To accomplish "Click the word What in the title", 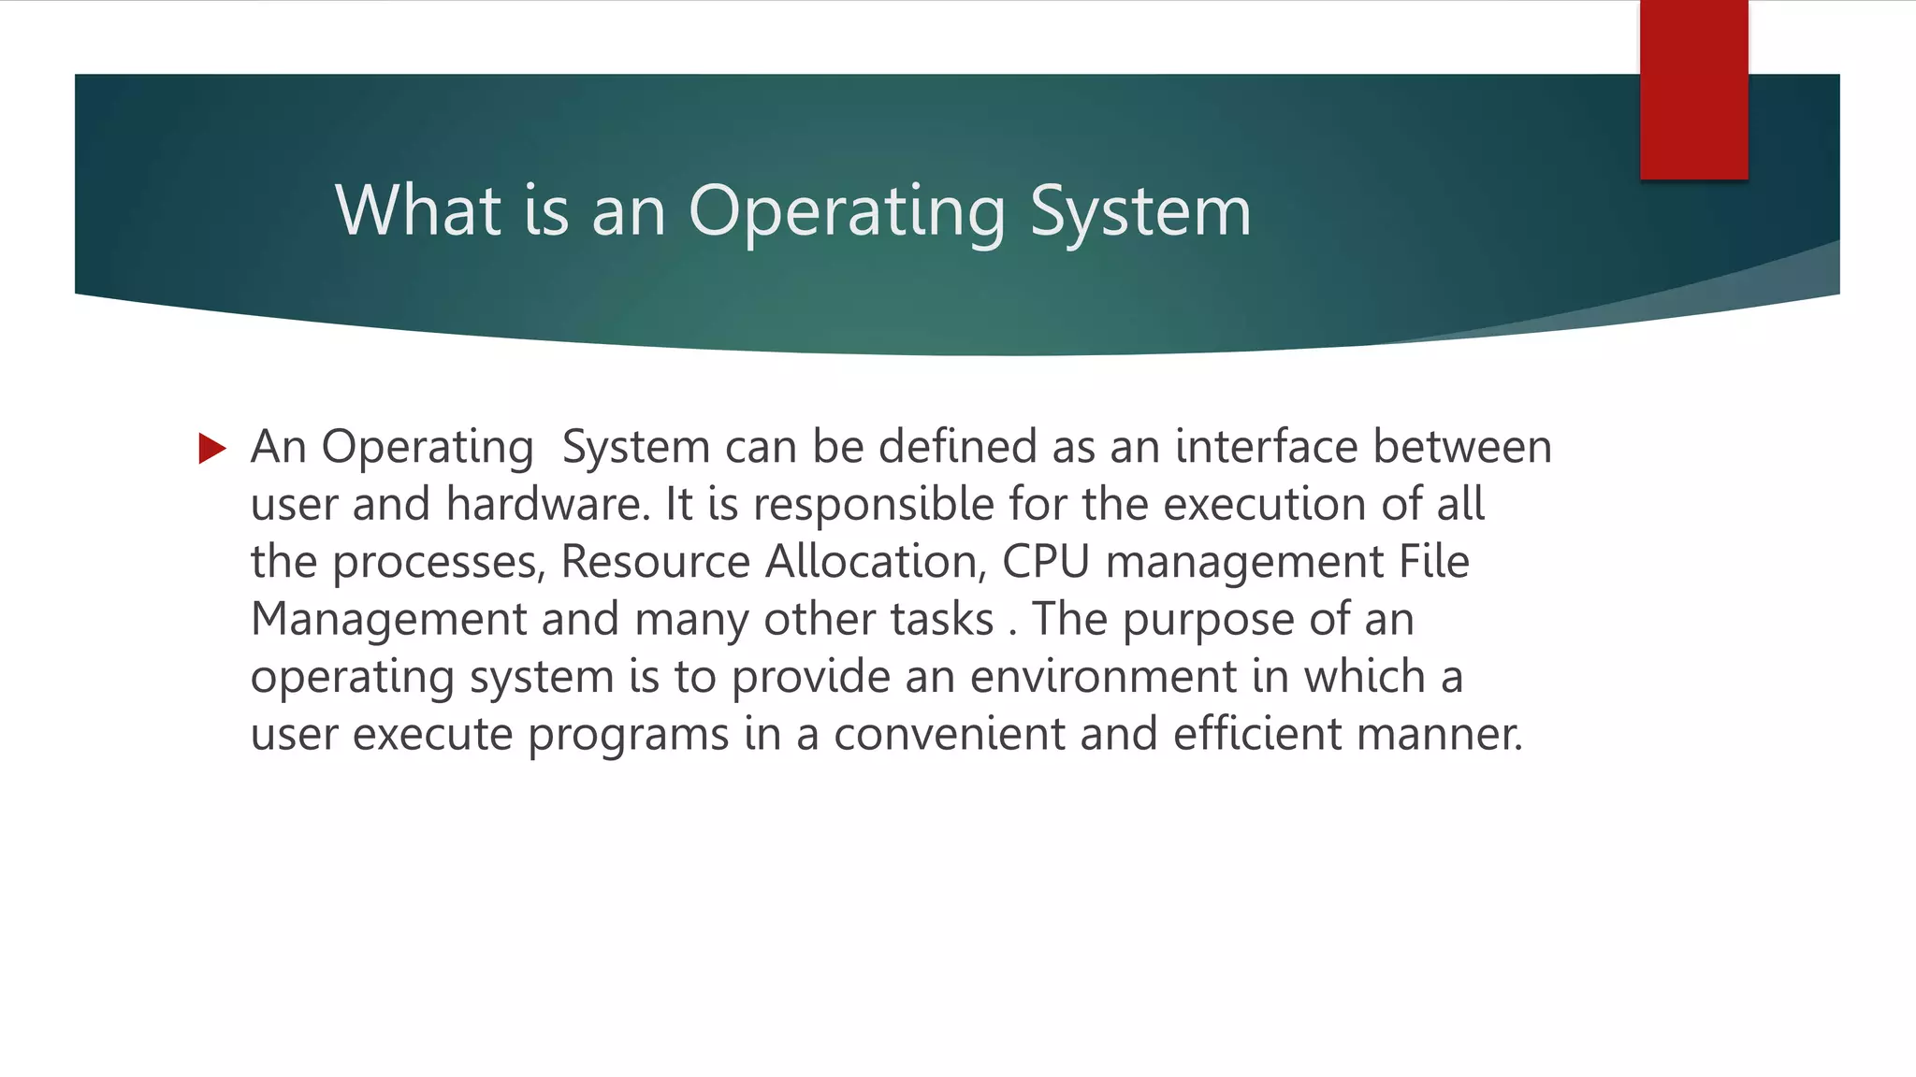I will [x=418, y=210].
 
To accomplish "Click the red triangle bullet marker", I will [x=212, y=449].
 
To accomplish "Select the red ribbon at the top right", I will [x=1693, y=90].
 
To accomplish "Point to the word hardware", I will [x=547, y=504].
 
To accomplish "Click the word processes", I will [x=438, y=562].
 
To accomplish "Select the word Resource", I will [x=655, y=562].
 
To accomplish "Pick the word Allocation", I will [x=876, y=562].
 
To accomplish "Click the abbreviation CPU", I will [x=1046, y=562].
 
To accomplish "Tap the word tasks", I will [x=941, y=619].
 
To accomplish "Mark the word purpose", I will [x=1207, y=619].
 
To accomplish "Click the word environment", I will [x=1103, y=676].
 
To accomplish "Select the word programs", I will [x=628, y=735].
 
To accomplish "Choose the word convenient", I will [x=949, y=734].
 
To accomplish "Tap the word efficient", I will [x=1257, y=734].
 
